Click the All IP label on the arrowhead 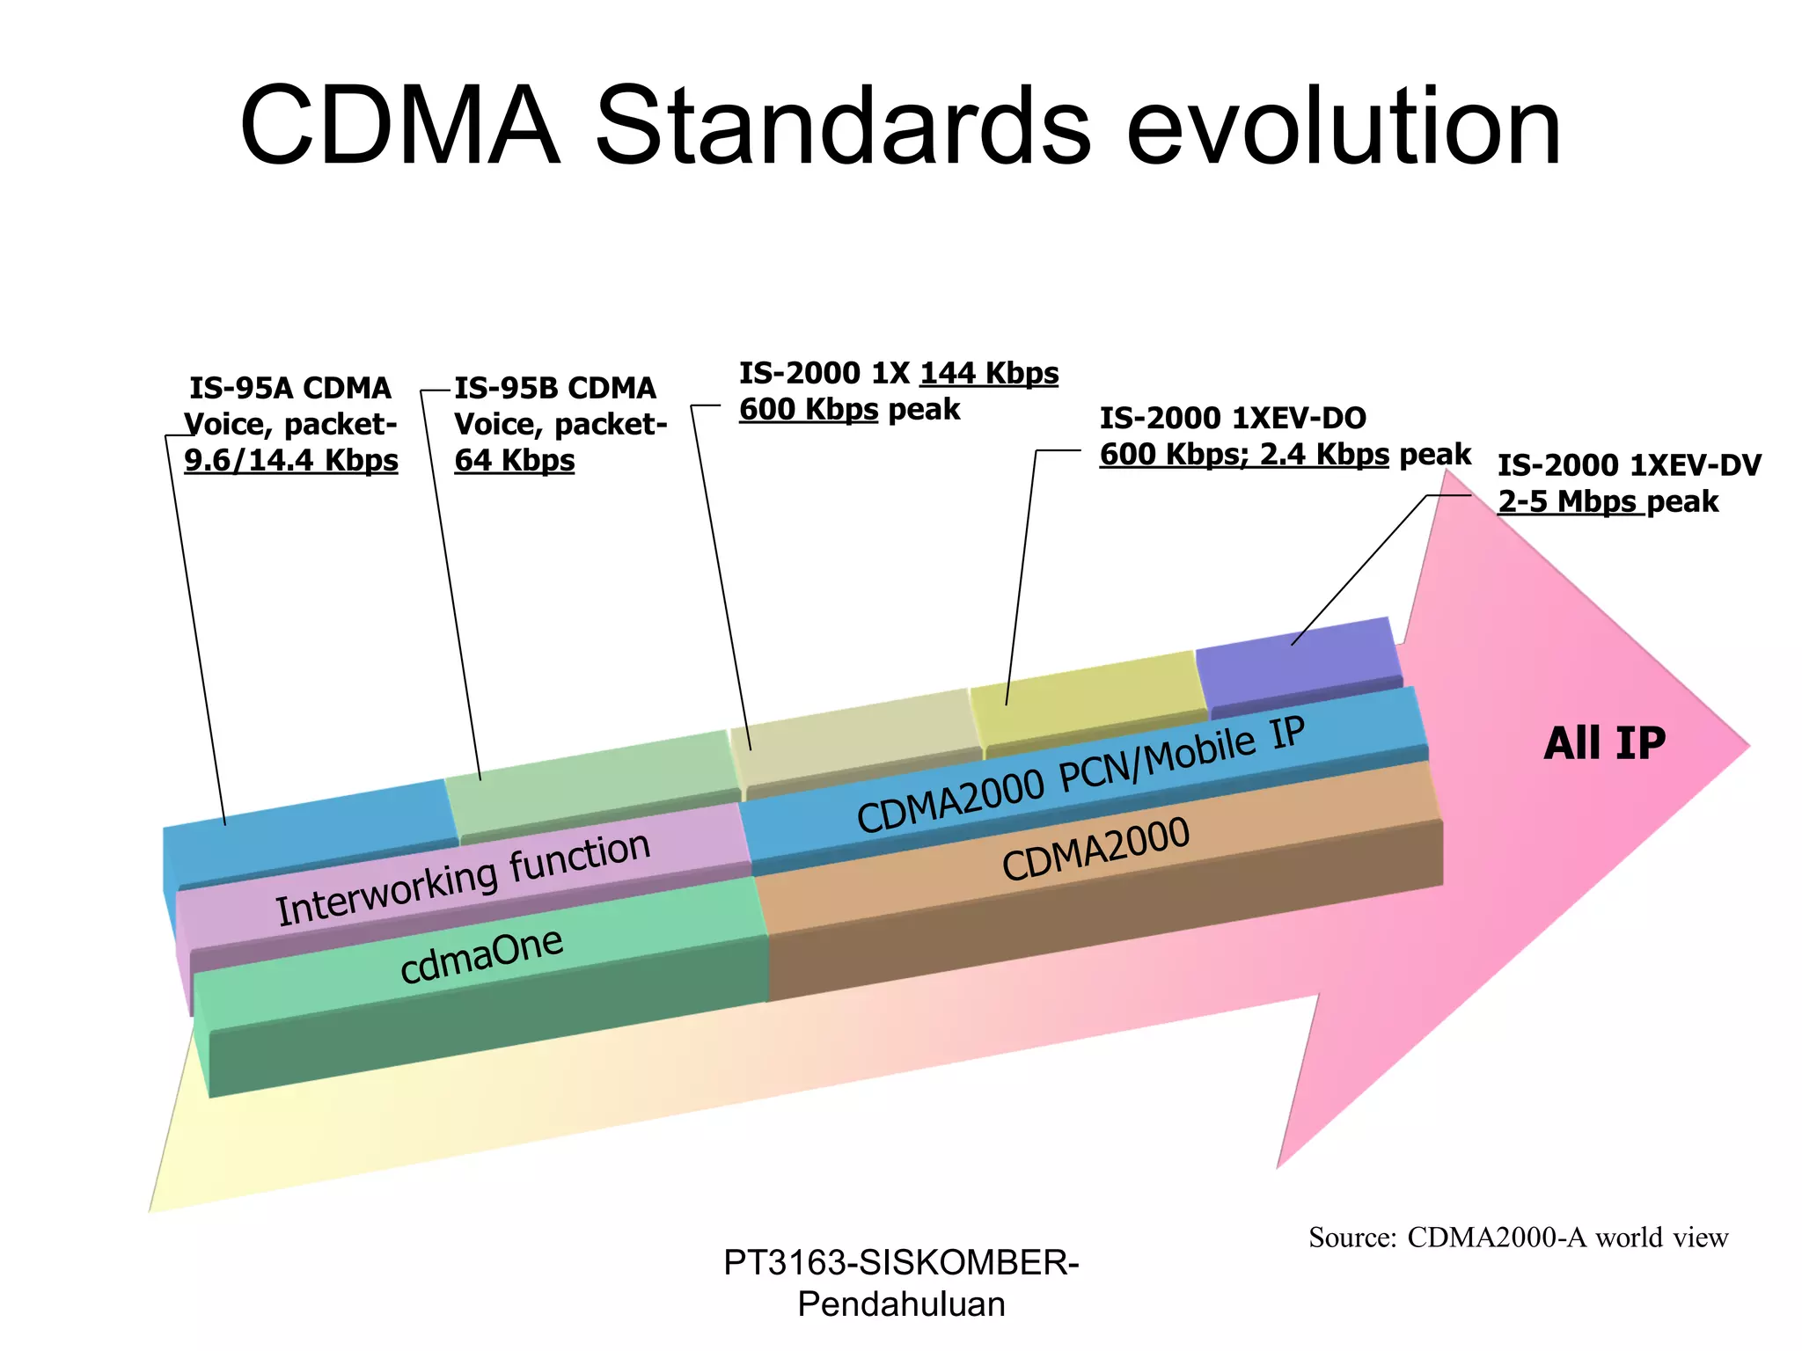point(1604,743)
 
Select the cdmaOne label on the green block point(481,955)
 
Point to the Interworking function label point(464,877)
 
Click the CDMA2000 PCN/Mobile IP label point(1080,774)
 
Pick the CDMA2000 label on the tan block point(1095,849)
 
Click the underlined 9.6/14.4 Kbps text point(291,460)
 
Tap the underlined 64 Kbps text point(515,460)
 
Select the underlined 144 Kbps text point(989,373)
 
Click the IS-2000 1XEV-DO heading point(1233,418)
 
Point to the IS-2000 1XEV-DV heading point(1630,465)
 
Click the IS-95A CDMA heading point(290,388)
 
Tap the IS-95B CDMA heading point(555,388)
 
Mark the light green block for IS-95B point(590,778)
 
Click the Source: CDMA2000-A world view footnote point(1518,1238)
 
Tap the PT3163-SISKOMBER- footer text point(901,1263)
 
